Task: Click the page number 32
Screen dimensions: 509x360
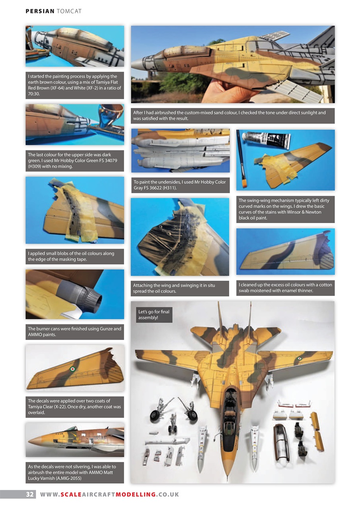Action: (x=30, y=494)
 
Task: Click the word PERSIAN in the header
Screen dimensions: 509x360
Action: (x=40, y=11)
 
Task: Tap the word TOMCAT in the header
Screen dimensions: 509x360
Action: (x=69, y=11)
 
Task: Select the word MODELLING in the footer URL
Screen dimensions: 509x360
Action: (x=135, y=494)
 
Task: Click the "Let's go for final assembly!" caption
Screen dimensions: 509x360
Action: (x=154, y=315)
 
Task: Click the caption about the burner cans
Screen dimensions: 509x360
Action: (x=75, y=332)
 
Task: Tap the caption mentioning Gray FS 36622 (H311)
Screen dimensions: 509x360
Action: (x=180, y=185)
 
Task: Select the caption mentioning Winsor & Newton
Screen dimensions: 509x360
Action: (x=285, y=209)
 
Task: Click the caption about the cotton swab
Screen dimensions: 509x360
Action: (x=285, y=288)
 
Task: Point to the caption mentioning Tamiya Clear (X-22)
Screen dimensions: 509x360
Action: (x=75, y=407)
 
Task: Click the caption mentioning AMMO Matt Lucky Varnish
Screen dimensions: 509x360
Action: (x=75, y=472)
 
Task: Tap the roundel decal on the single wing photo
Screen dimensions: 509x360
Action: (x=72, y=369)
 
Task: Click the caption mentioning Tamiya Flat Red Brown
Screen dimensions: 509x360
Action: (x=75, y=85)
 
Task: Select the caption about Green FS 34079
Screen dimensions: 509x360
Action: (x=75, y=160)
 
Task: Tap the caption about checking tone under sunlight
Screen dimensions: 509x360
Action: (x=232, y=115)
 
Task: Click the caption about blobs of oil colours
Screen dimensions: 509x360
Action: (x=75, y=256)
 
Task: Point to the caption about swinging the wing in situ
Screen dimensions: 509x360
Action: (x=180, y=288)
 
